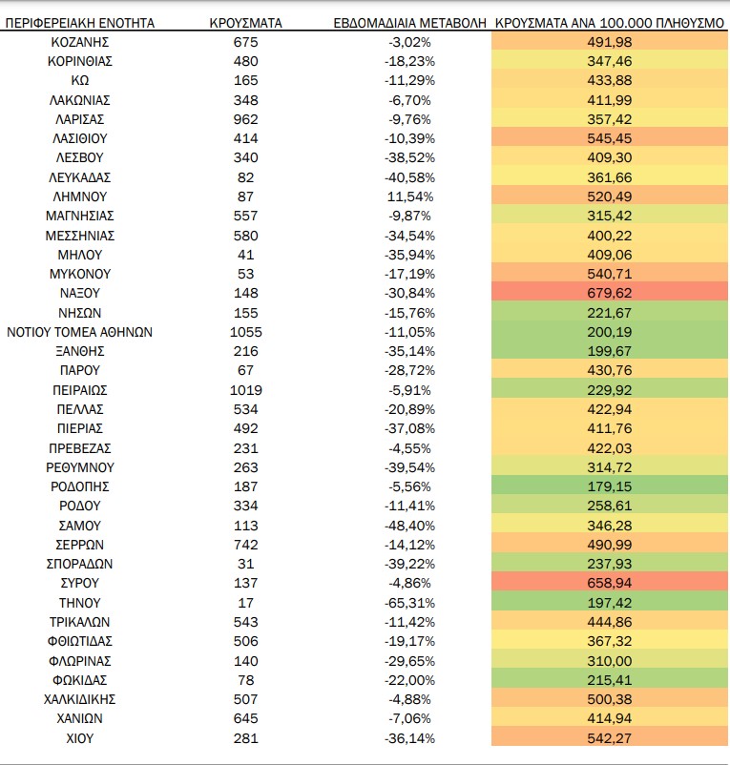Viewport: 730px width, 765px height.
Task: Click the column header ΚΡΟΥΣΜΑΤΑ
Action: tap(245, 23)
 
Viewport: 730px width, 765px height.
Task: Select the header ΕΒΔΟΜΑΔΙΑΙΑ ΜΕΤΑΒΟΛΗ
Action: tap(410, 23)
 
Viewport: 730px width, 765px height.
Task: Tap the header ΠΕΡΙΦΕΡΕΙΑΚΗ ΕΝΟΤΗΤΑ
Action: tap(80, 23)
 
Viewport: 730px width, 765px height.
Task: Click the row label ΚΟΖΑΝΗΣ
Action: tap(80, 42)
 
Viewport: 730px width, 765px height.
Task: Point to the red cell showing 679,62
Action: tap(610, 293)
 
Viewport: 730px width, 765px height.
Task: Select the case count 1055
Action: tap(246, 332)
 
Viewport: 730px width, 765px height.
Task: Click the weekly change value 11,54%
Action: tap(410, 196)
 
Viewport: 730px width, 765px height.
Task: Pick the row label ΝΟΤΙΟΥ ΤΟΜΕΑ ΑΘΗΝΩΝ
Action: tap(79, 332)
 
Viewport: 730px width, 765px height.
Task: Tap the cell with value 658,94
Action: tap(610, 583)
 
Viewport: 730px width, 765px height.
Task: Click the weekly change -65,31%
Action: tap(410, 603)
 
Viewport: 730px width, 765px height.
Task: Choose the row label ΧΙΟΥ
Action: tap(80, 737)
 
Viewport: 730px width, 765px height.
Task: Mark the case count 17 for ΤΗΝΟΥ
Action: tap(245, 603)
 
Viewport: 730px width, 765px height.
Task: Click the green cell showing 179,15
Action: tap(610, 486)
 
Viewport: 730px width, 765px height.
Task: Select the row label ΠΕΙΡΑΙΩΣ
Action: tap(80, 390)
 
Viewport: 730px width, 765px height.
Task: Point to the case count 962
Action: tap(245, 119)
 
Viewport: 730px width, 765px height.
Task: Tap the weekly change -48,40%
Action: tap(410, 526)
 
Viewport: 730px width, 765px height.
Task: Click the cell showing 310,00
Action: tap(610, 661)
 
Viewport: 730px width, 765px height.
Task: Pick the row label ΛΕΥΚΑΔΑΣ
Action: tap(80, 177)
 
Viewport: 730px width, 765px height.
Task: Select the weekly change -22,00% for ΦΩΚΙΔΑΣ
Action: tap(410, 679)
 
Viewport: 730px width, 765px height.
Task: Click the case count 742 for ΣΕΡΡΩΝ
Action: tap(245, 545)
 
